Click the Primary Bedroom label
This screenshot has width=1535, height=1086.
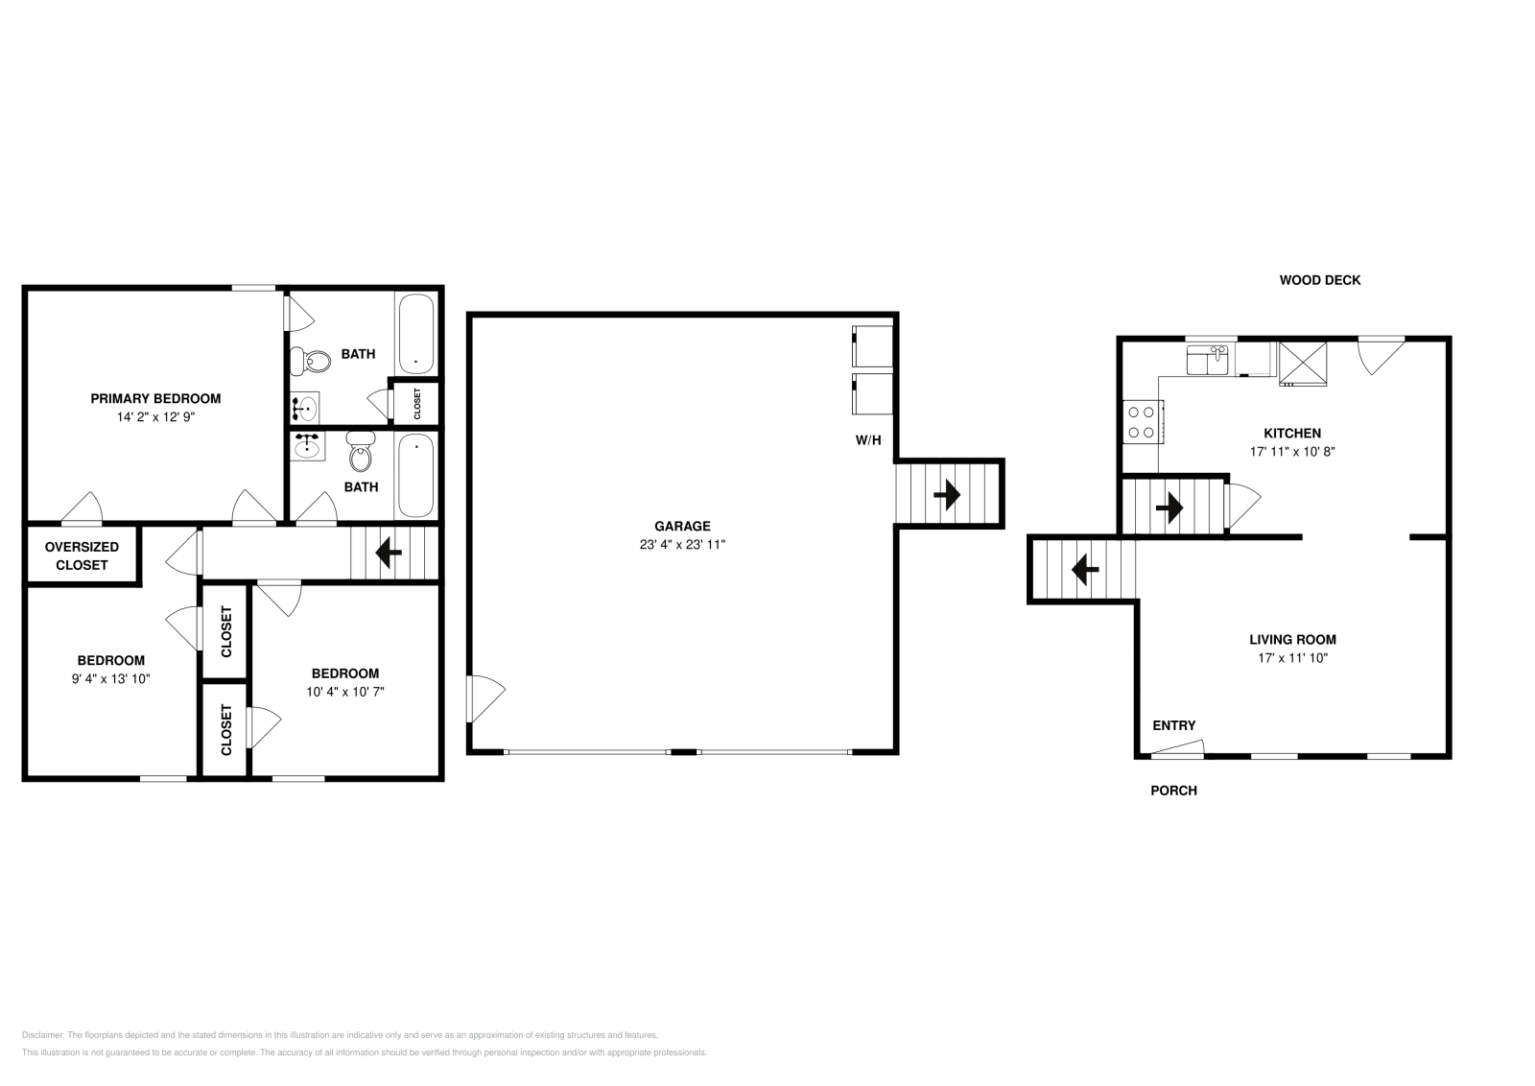155,398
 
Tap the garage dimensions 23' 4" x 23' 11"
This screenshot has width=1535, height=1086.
682,544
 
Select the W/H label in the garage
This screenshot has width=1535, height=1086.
868,441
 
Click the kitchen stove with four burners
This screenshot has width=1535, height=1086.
1143,422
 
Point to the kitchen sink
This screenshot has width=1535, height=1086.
1208,361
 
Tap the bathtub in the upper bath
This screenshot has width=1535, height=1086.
415,335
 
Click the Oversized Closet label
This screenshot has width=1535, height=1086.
82,555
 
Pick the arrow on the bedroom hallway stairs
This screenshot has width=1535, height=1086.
389,553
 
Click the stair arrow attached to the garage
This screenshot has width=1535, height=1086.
947,495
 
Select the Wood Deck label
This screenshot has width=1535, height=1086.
1319,280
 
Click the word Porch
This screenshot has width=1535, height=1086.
1173,791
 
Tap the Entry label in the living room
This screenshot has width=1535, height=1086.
1173,725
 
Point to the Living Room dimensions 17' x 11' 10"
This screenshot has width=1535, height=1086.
1292,658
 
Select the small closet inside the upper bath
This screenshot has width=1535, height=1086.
416,403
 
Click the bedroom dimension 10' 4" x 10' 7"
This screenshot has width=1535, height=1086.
344,691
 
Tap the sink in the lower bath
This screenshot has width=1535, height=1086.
308,447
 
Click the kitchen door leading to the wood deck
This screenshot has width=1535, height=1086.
1380,352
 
